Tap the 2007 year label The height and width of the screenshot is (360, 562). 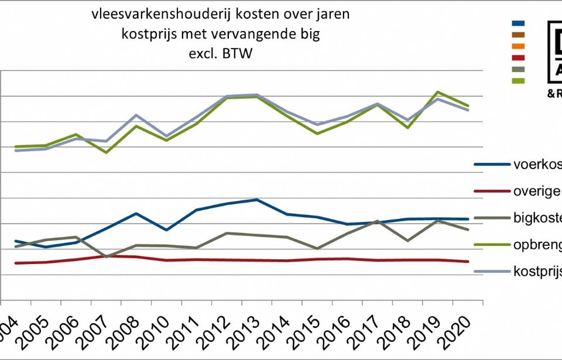click(94, 331)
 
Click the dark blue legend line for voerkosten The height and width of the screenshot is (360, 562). click(491, 163)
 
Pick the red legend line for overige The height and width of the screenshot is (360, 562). click(491, 190)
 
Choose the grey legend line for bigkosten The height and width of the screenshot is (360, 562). click(491, 218)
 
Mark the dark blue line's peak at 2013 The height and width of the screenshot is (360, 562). click(257, 200)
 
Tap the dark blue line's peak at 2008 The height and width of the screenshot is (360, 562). click(136, 214)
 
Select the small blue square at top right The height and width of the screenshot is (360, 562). click(518, 23)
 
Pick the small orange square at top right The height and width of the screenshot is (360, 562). click(518, 46)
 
